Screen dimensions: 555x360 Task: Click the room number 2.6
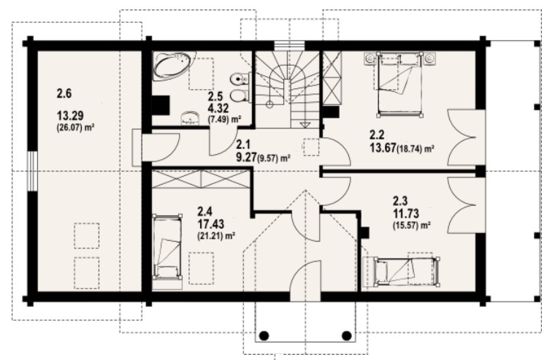(x=64, y=93)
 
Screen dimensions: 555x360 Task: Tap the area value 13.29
(x=70, y=115)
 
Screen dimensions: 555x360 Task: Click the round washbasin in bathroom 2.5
(x=191, y=118)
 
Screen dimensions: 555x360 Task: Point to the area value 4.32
(x=218, y=107)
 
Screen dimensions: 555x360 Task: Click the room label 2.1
(x=243, y=145)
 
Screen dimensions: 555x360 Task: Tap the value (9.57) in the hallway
(x=268, y=158)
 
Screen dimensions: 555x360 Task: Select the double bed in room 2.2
(x=400, y=85)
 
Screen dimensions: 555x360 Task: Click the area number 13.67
(x=383, y=148)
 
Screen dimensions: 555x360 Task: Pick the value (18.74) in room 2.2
(x=409, y=149)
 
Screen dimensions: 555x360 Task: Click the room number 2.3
(x=400, y=201)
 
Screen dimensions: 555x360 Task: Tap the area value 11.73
(x=406, y=213)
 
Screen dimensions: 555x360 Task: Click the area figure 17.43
(x=210, y=223)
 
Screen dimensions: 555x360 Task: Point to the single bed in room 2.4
(x=167, y=247)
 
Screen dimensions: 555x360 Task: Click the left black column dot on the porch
(x=264, y=335)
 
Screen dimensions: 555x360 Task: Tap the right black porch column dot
(x=347, y=335)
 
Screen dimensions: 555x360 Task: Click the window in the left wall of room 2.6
(x=32, y=172)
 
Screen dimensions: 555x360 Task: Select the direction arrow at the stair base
(x=305, y=124)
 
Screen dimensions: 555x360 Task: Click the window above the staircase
(x=289, y=47)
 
